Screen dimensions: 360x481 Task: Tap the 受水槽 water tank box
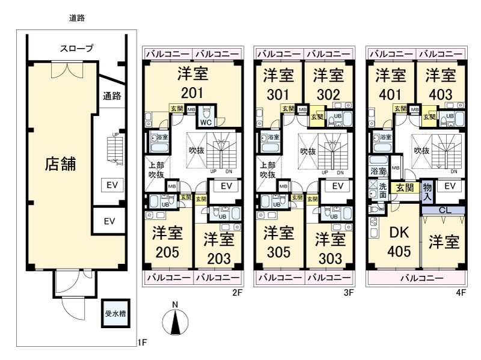point(114,313)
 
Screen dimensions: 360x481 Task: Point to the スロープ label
point(76,49)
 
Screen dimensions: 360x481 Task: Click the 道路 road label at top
point(77,18)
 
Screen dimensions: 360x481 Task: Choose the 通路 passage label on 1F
point(112,96)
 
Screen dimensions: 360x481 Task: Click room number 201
point(192,94)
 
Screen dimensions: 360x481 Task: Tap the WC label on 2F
point(204,123)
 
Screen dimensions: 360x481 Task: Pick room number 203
point(218,258)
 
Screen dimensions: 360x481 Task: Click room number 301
point(278,95)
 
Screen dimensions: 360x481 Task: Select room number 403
point(440,95)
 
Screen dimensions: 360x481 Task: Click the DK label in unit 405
point(399,233)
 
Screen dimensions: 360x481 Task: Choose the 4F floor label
point(461,293)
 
